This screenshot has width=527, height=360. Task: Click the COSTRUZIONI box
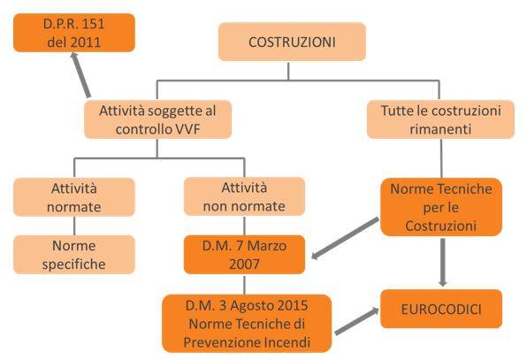tap(292, 42)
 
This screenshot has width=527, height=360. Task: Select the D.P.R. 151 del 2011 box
tap(74, 33)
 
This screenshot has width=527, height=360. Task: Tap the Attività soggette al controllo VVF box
tap(157, 119)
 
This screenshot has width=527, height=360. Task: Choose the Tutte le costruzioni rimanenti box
tap(440, 119)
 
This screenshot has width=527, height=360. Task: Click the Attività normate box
tap(74, 197)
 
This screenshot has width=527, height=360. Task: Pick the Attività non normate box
tap(244, 196)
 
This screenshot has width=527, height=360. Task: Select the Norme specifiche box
tap(74, 255)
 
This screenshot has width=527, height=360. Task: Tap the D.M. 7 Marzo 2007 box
tap(244, 255)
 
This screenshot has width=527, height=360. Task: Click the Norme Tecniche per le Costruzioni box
tap(441, 207)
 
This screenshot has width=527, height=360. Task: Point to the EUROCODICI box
tap(441, 309)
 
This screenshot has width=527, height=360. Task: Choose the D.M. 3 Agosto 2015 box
tap(247, 324)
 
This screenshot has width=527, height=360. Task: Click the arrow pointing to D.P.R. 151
tap(80, 75)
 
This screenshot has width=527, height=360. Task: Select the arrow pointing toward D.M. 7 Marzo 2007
tap(345, 238)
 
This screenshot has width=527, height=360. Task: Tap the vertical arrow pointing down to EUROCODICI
tap(443, 263)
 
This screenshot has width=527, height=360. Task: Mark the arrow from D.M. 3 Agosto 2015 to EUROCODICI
tap(357, 321)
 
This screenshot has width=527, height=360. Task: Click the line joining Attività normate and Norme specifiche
tap(74, 226)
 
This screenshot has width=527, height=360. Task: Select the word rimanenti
tap(440, 129)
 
